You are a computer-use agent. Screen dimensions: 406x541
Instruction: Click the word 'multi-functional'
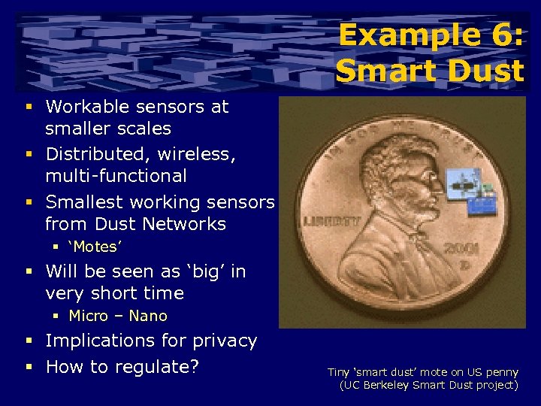click(x=116, y=176)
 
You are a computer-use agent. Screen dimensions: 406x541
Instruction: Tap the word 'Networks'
click(x=188, y=224)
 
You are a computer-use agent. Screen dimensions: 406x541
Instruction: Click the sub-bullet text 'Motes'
click(x=95, y=247)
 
